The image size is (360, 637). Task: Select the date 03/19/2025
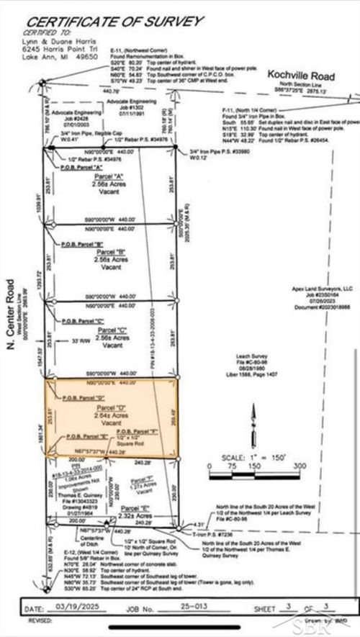pyautogui.click(x=71, y=607)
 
